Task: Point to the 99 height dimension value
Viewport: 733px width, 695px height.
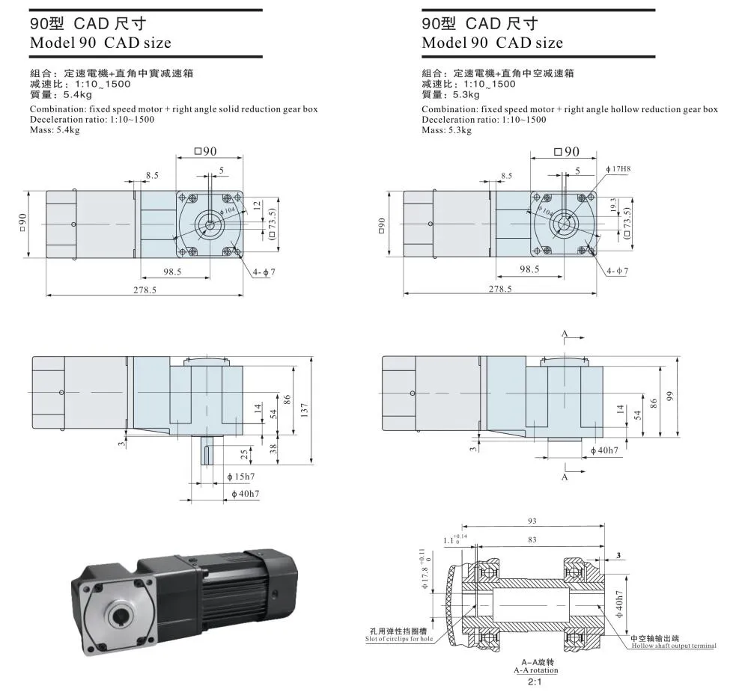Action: click(x=671, y=396)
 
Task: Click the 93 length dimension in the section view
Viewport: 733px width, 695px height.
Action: click(x=532, y=521)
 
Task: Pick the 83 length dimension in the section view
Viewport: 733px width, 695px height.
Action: click(x=532, y=539)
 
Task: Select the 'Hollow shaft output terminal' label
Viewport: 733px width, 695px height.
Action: click(x=673, y=646)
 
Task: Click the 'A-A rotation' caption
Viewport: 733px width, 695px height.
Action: click(x=535, y=670)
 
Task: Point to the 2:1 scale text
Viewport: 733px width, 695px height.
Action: click(x=535, y=682)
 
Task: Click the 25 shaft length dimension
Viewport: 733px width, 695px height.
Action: click(x=244, y=455)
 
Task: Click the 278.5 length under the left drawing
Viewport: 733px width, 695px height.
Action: click(x=144, y=290)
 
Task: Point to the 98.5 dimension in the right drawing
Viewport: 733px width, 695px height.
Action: click(x=530, y=269)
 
